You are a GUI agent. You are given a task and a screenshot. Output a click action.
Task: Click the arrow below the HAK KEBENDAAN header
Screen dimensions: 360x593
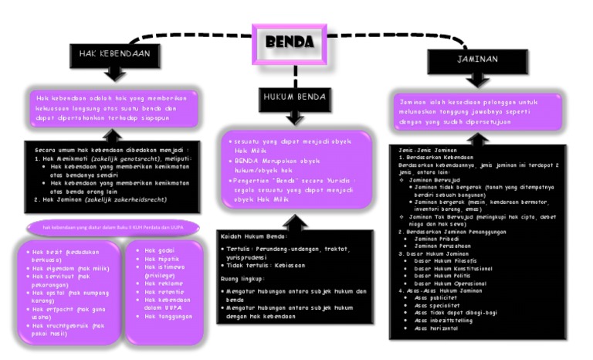(x=114, y=73)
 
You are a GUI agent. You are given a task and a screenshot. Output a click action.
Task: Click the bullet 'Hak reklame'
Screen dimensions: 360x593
(x=163, y=284)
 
